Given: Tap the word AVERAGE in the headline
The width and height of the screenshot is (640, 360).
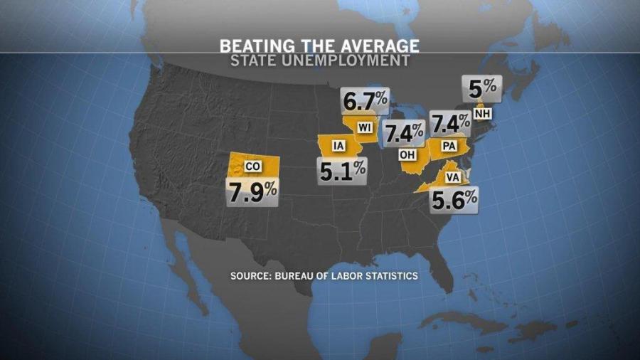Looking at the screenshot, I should [381, 46].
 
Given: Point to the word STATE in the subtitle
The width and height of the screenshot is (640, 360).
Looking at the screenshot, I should [252, 61].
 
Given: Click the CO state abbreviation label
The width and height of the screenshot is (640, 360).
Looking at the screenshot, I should [252, 166].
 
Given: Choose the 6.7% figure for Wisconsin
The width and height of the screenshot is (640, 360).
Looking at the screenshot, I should [365, 102].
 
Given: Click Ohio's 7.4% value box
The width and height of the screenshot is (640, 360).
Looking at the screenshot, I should [404, 132].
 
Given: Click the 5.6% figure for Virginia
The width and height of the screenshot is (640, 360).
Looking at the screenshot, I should [454, 200].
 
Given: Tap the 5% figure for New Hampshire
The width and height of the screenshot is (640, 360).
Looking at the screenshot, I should [482, 89].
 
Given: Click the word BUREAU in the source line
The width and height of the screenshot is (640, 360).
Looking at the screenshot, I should [299, 275].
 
